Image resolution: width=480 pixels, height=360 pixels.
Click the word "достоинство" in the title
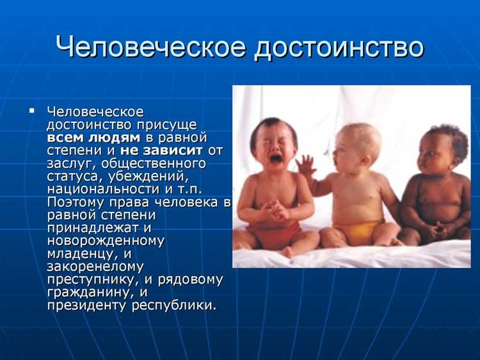[339, 48]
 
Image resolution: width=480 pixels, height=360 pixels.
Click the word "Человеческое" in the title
[149, 48]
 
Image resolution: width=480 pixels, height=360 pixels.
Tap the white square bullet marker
[31, 111]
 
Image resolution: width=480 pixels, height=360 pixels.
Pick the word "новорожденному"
[106, 241]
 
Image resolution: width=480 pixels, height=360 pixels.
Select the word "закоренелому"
[95, 266]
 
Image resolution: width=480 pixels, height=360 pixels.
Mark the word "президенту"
[86, 305]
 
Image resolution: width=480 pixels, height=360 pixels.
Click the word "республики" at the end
[173, 305]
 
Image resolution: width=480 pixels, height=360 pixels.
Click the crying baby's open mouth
[276, 158]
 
